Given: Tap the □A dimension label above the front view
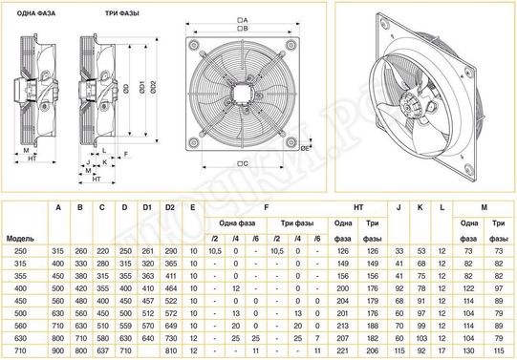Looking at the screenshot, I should coord(242,19).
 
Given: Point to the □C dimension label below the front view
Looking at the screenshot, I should coord(242,163).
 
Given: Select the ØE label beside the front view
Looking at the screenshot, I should coord(304,147).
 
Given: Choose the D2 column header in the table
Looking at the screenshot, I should coord(170,206).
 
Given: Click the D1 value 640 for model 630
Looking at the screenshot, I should coord(147,338).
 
